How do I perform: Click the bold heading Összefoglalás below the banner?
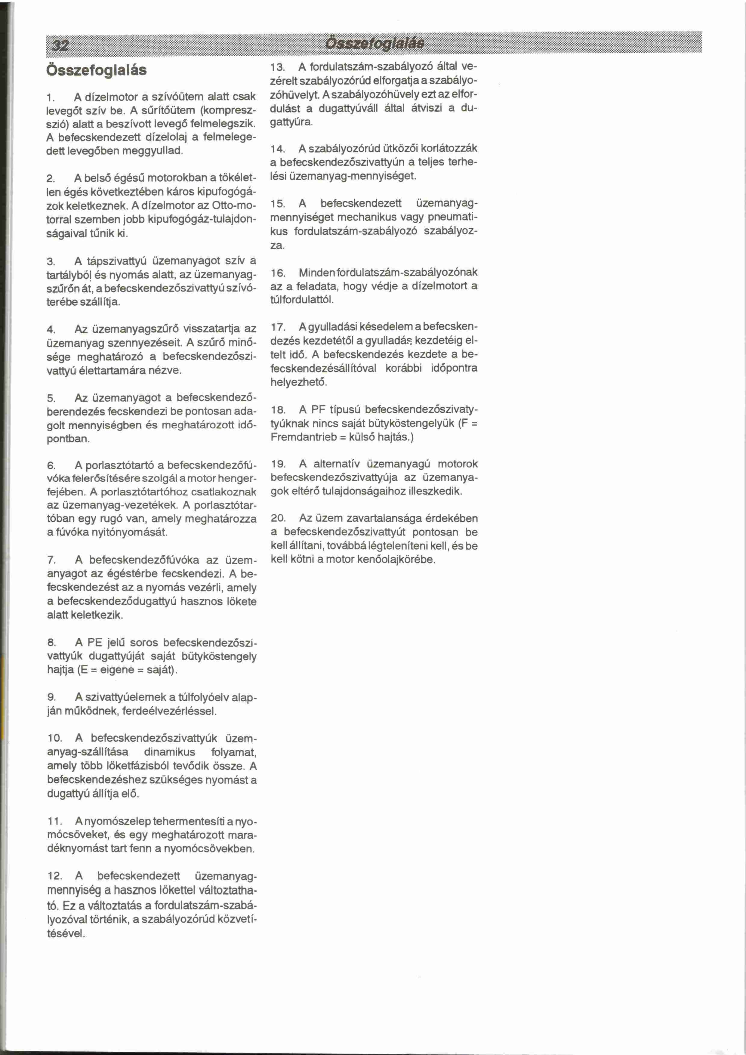[97, 70]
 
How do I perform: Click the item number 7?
[51, 560]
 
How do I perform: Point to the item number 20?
[278, 518]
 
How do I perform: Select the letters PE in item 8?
[95, 642]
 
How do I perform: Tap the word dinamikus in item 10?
[169, 752]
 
